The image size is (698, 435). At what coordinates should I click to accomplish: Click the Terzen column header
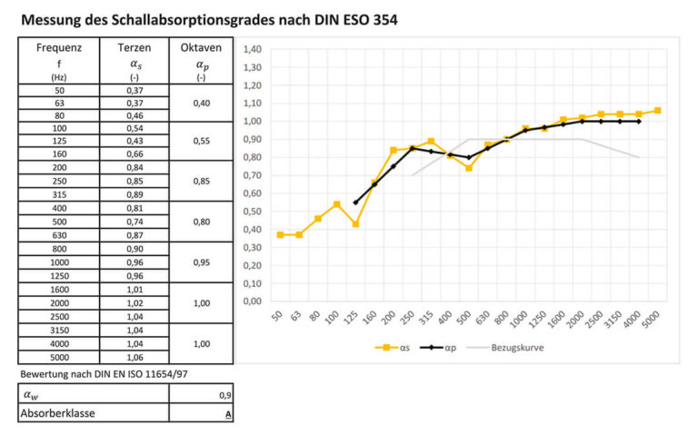click(x=135, y=48)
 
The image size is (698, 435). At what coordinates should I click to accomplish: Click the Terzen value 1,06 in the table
click(x=135, y=357)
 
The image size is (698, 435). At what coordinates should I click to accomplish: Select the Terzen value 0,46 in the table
click(x=135, y=116)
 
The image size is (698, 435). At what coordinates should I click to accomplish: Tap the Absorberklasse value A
click(x=228, y=413)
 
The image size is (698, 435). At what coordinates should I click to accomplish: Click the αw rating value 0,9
click(x=224, y=395)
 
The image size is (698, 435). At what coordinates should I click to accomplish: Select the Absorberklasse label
click(x=57, y=413)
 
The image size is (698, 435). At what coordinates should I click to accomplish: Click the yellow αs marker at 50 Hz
click(x=281, y=234)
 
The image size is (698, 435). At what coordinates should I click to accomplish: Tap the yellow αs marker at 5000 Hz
click(x=657, y=111)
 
